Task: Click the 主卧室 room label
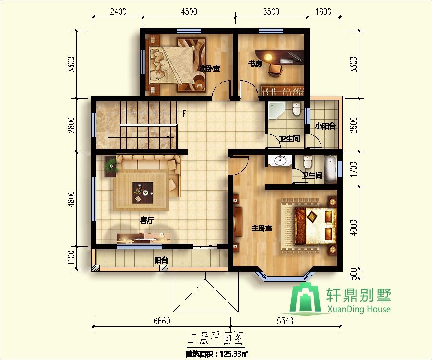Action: [262, 228]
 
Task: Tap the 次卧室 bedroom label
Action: [210, 68]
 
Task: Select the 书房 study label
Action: [255, 64]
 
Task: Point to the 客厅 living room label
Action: [147, 220]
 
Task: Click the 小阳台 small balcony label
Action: [325, 126]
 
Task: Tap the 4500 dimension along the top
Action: [189, 12]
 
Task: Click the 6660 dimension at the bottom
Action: [162, 321]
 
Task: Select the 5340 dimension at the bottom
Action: [285, 321]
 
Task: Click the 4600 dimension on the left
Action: [71, 199]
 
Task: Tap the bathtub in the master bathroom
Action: [330, 169]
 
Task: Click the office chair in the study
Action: [275, 70]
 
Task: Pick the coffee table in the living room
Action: [143, 192]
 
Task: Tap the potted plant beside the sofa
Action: [111, 166]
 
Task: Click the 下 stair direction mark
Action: [184, 113]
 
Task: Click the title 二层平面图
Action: [215, 338]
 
